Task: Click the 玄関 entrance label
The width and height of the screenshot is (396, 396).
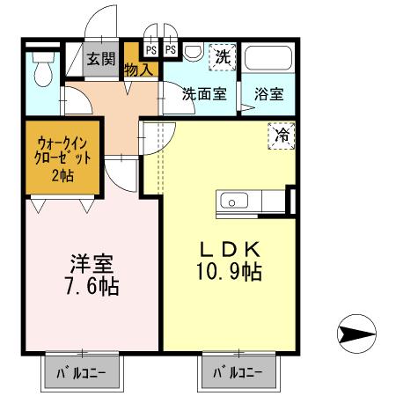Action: [99, 60]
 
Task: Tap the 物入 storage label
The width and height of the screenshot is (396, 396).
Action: [140, 68]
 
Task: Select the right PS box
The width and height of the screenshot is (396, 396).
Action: [169, 49]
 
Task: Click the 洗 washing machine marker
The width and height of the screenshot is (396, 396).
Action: [223, 57]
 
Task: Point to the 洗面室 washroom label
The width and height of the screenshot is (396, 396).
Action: [205, 93]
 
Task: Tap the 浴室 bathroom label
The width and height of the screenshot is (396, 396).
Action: [268, 93]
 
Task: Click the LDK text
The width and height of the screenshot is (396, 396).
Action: [225, 248]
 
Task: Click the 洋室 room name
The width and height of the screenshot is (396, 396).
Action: [91, 263]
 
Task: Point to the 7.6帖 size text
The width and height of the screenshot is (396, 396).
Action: [91, 287]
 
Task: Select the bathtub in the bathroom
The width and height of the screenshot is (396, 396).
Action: [268, 62]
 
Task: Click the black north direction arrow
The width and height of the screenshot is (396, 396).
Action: [356, 334]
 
